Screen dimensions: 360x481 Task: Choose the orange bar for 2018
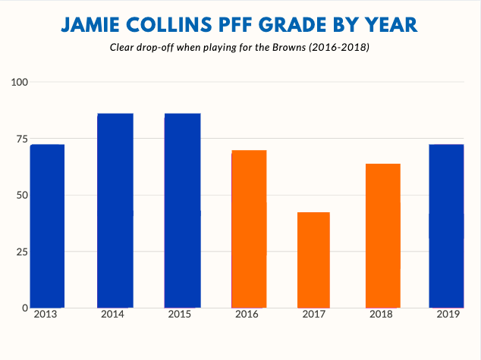tap(382, 236)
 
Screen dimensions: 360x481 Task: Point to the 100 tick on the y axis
tap(18, 82)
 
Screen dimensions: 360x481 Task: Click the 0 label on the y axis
tap(24, 308)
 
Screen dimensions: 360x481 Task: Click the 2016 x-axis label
tap(247, 315)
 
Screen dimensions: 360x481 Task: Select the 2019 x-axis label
tap(448, 315)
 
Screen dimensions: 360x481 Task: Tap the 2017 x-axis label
tap(313, 315)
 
